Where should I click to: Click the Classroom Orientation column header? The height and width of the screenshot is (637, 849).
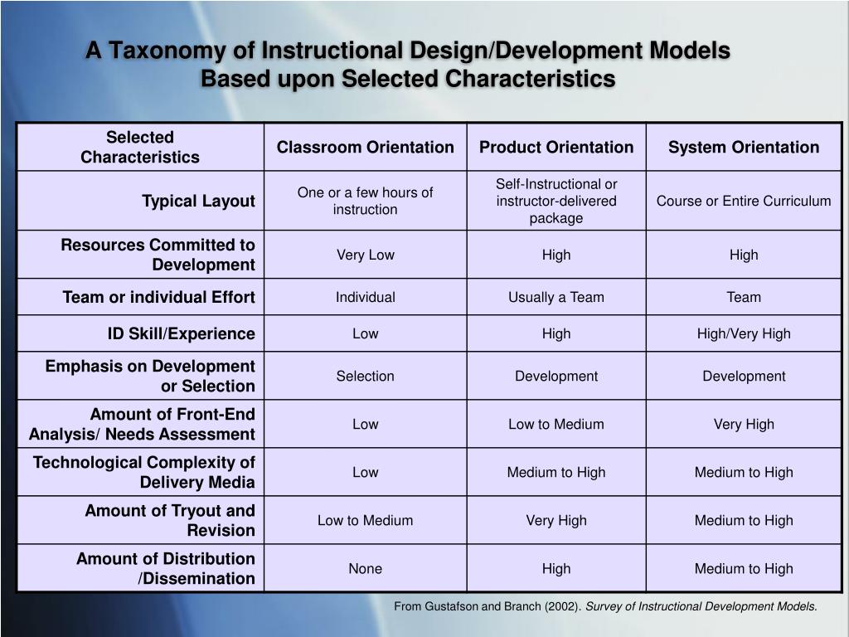click(365, 148)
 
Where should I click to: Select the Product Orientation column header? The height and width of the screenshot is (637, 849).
click(555, 148)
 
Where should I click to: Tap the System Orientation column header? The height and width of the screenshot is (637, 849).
click(744, 148)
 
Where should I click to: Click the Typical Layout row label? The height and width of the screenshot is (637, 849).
click(198, 202)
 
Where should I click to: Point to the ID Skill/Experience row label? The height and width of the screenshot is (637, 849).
click(181, 334)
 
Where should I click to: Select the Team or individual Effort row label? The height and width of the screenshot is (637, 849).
click(158, 298)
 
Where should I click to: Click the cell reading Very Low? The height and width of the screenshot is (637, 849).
click(365, 255)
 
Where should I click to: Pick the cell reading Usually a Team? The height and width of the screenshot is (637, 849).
click(555, 298)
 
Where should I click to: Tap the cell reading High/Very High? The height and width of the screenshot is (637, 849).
click(744, 334)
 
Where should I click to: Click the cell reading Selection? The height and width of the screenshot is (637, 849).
click(365, 377)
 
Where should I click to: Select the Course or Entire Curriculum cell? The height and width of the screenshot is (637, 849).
click(744, 202)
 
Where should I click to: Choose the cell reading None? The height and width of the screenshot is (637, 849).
click(365, 569)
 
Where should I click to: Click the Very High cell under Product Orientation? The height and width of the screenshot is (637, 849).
click(555, 521)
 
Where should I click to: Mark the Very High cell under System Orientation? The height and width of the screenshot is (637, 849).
click(744, 425)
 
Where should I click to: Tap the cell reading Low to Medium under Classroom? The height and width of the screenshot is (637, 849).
click(365, 521)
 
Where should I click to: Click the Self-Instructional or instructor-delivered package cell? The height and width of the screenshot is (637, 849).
click(555, 202)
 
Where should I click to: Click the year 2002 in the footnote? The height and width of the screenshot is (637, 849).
click(563, 606)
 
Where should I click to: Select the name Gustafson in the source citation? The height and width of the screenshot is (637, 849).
click(452, 606)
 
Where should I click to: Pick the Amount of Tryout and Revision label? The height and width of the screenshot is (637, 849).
click(169, 521)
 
